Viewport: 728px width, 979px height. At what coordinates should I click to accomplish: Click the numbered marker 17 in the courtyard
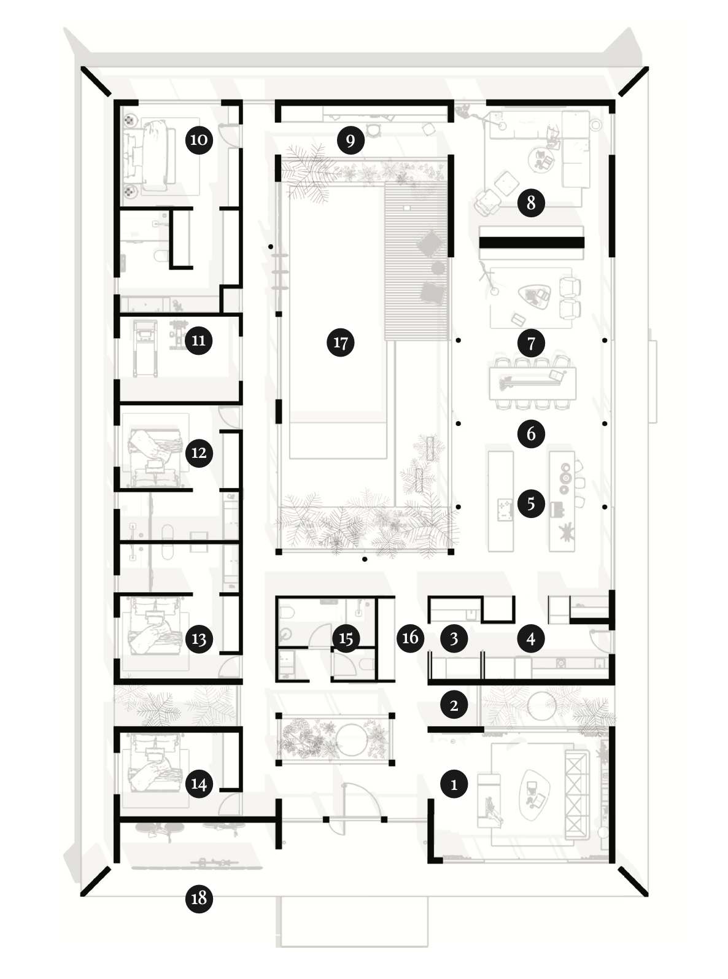pyautogui.click(x=341, y=342)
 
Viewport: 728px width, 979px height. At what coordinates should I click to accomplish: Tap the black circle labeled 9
pyautogui.click(x=350, y=141)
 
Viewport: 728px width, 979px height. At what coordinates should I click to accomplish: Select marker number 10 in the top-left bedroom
pyautogui.click(x=199, y=139)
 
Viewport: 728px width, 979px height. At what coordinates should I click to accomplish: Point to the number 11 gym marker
pyautogui.click(x=199, y=340)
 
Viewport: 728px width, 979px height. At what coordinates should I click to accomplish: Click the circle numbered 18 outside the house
pyautogui.click(x=199, y=898)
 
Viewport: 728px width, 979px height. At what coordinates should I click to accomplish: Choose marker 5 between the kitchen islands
pyautogui.click(x=531, y=503)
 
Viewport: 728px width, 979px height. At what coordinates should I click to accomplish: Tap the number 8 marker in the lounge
pyautogui.click(x=531, y=203)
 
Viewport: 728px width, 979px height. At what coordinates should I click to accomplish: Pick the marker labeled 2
pyautogui.click(x=454, y=705)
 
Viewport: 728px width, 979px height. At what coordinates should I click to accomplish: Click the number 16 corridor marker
pyautogui.click(x=410, y=637)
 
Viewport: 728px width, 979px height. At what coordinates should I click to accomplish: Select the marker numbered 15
pyautogui.click(x=346, y=638)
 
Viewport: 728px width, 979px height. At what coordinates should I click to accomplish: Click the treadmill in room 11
pyautogui.click(x=145, y=348)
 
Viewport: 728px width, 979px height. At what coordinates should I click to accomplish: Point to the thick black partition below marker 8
pyautogui.click(x=532, y=242)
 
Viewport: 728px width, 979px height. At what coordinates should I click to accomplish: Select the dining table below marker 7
pyautogui.click(x=532, y=382)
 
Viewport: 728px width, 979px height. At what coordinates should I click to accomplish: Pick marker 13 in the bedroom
pyautogui.click(x=199, y=639)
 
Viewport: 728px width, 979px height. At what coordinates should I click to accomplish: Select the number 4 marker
pyautogui.click(x=531, y=638)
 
